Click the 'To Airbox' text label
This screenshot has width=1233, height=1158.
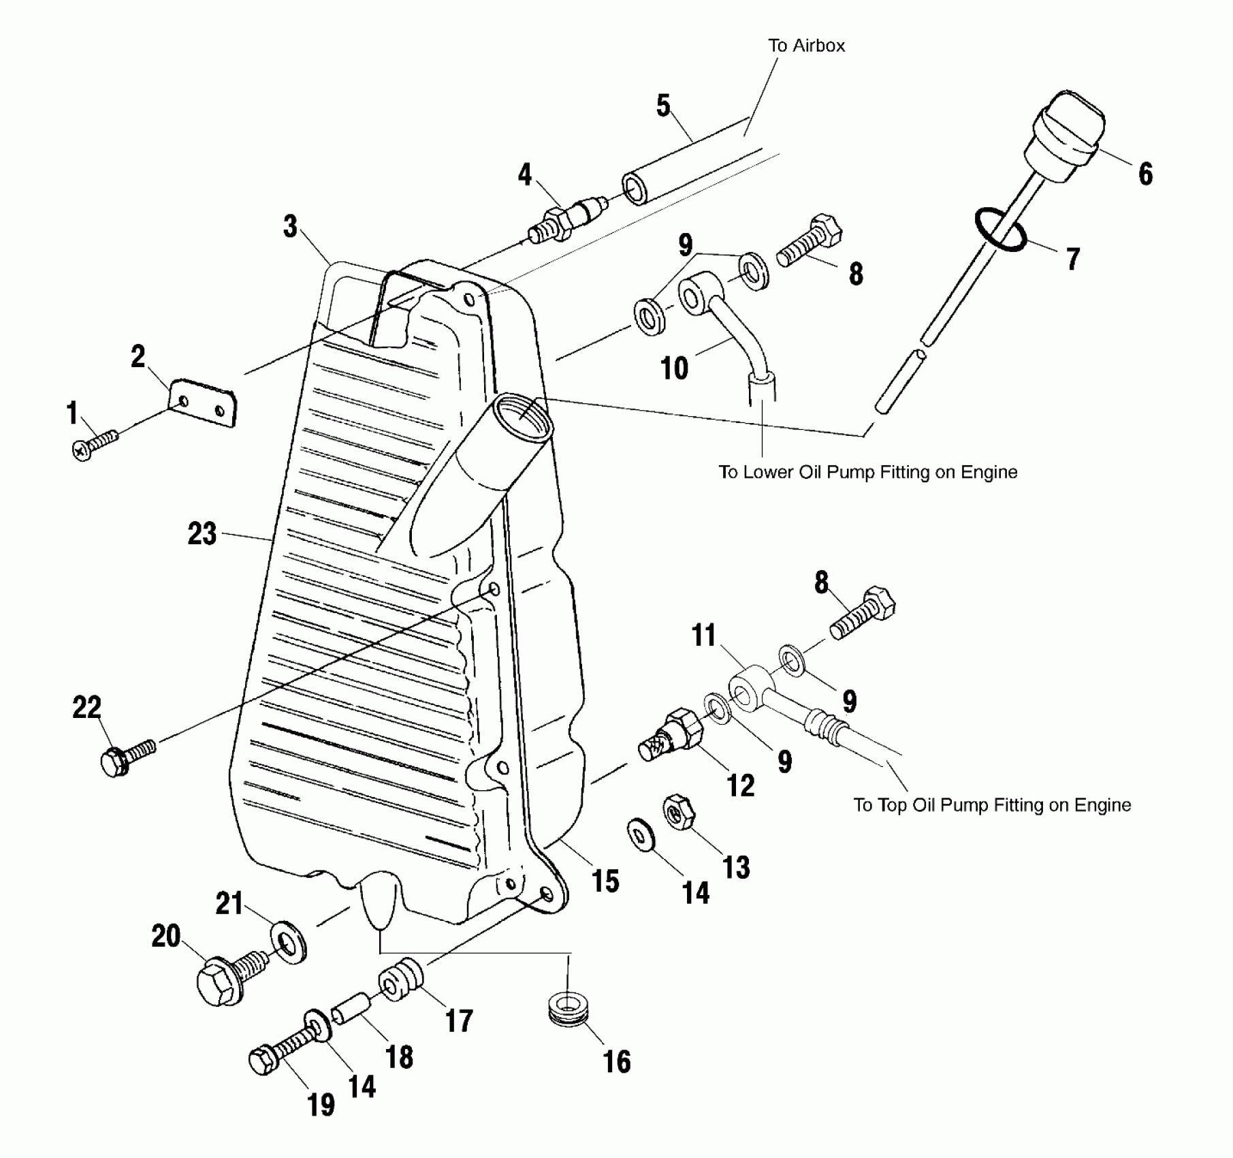(806, 46)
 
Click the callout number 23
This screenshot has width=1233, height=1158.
(202, 533)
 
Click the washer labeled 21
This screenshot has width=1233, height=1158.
(289, 943)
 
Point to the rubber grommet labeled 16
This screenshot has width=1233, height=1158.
(568, 1007)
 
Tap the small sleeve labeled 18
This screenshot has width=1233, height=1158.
(351, 1010)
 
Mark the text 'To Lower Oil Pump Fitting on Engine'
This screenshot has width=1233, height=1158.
(867, 472)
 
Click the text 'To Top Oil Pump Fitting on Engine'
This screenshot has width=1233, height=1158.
(992, 805)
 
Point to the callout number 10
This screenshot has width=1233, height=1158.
(675, 369)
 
